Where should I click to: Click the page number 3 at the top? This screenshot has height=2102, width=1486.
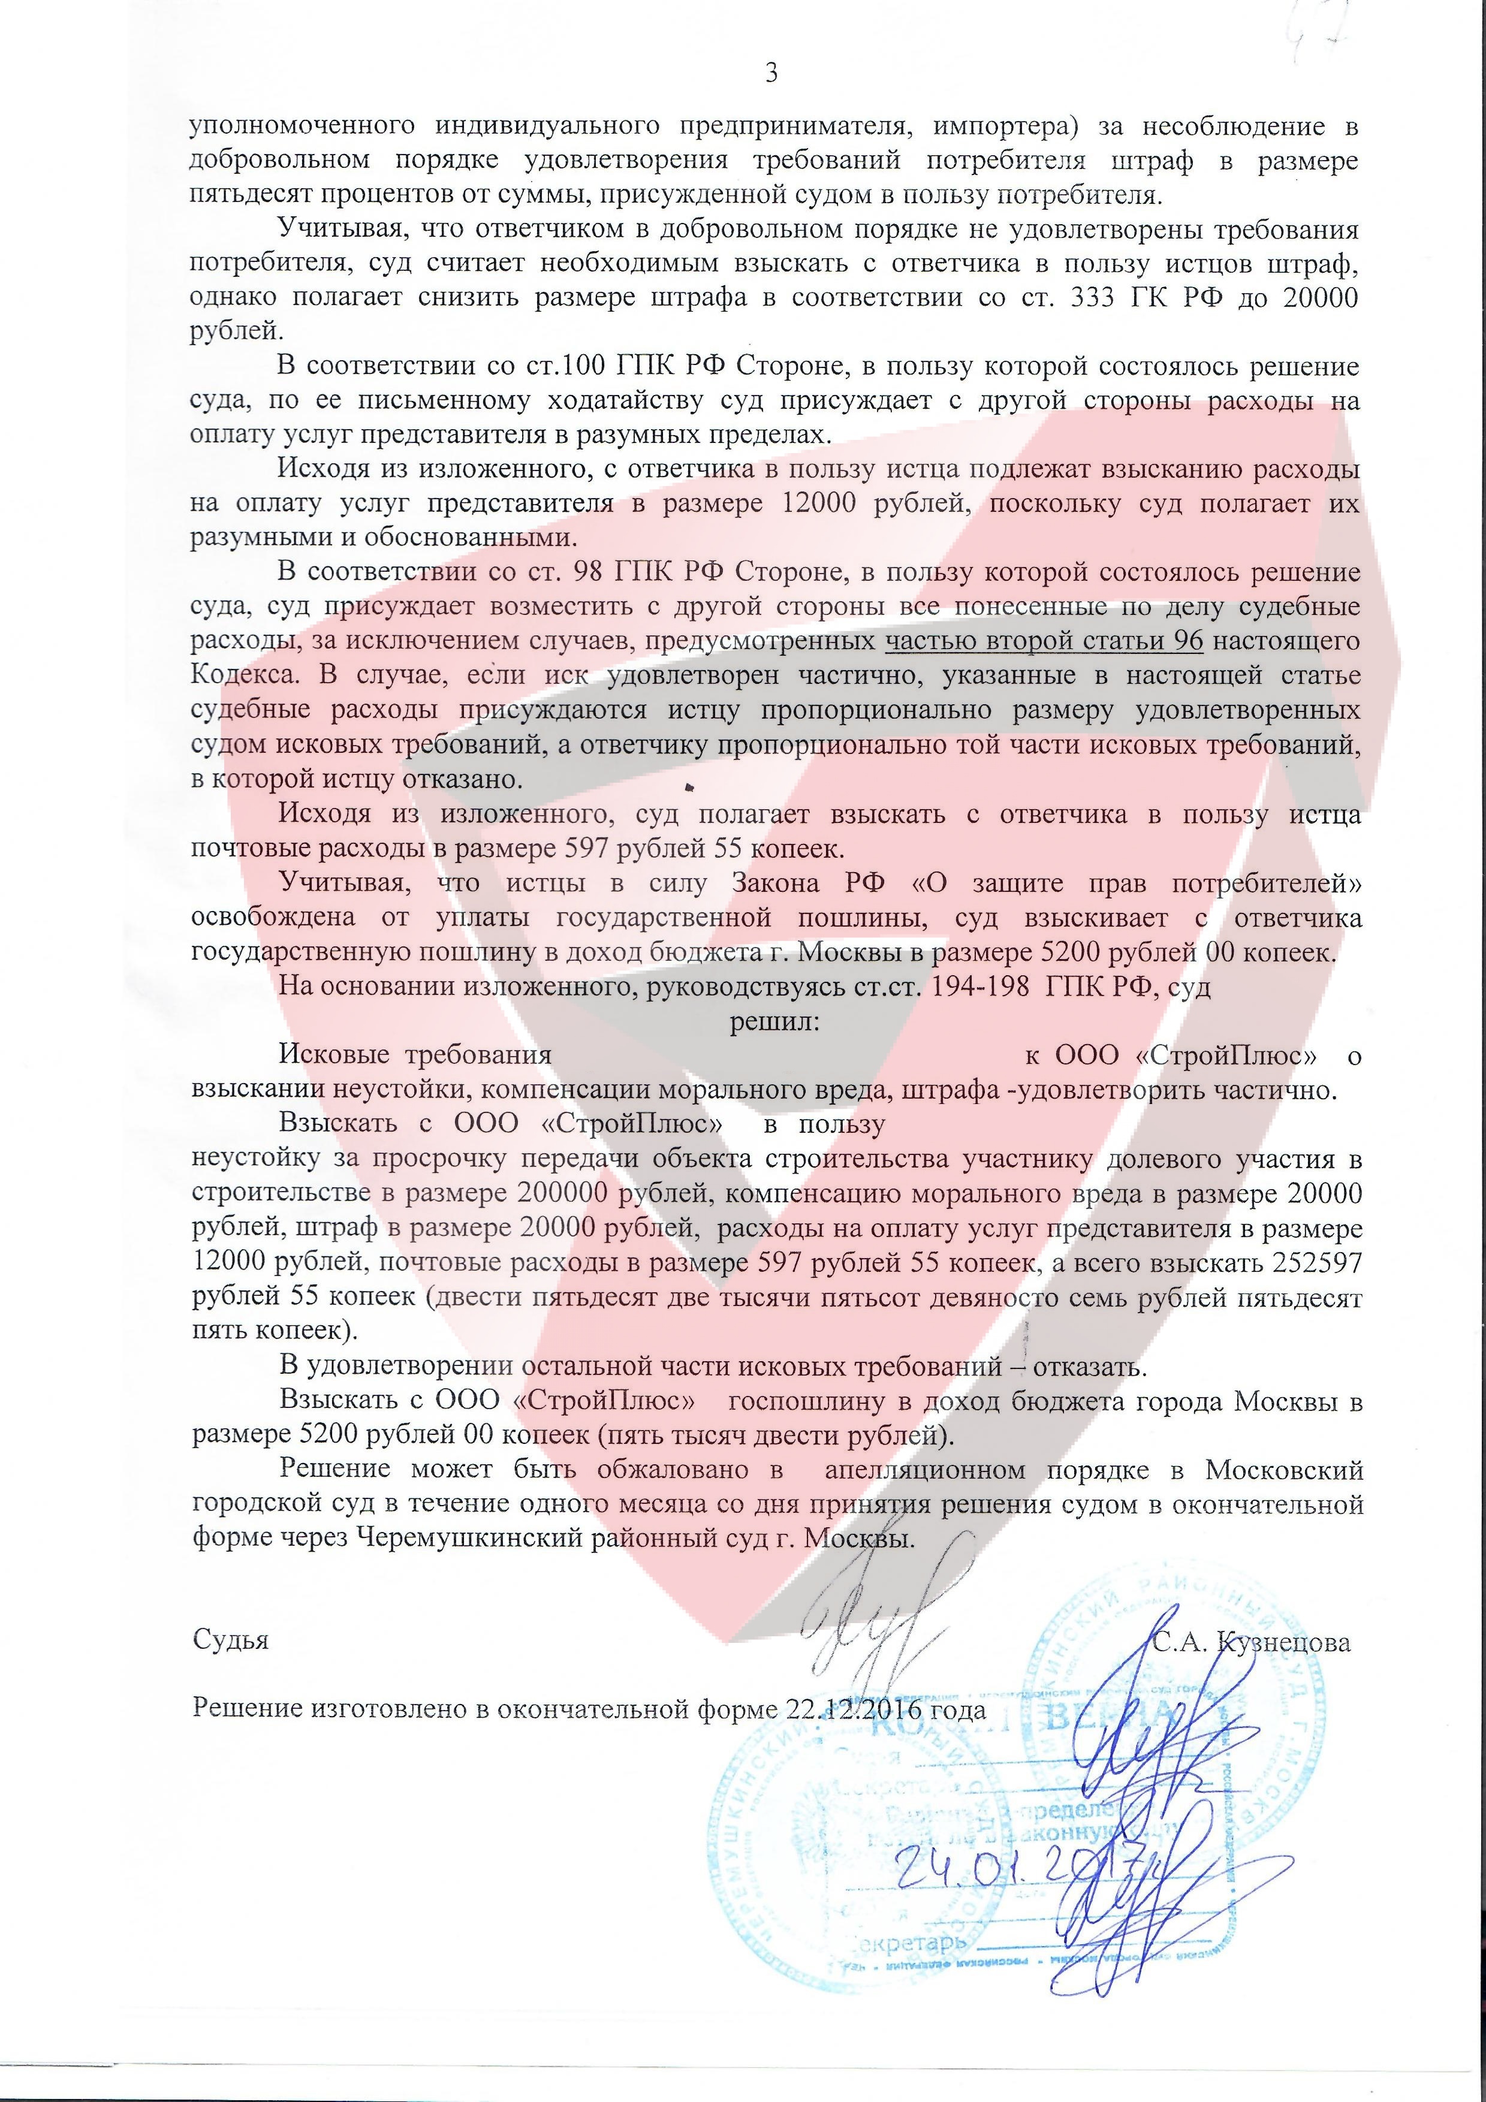(x=771, y=73)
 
